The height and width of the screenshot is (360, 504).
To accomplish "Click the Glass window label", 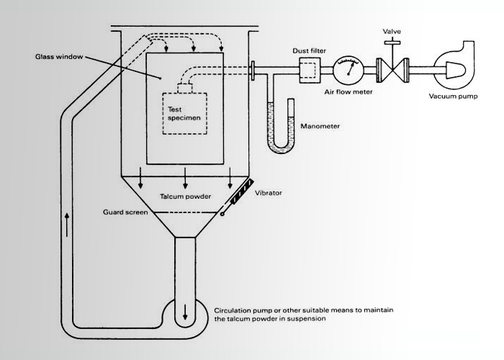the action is click(59, 57).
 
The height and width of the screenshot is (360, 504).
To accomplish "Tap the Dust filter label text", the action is click(309, 51).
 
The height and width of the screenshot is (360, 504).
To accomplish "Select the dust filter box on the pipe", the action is click(310, 71).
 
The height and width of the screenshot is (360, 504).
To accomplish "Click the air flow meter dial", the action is click(348, 71).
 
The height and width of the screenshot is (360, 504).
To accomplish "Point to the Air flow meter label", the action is click(348, 92).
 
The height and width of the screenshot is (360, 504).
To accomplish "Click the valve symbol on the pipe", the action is click(392, 71).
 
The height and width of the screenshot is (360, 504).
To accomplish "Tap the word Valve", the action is click(392, 32).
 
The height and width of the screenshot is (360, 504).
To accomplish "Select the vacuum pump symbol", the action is click(454, 66).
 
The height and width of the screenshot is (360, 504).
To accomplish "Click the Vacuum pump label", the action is click(453, 96).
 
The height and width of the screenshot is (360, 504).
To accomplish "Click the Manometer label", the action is click(320, 126).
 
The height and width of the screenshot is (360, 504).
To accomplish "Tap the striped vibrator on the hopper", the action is click(241, 192).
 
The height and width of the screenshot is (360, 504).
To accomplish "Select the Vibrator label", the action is click(269, 193).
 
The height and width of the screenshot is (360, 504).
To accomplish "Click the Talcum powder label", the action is click(186, 197).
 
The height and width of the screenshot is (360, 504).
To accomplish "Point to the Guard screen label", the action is click(125, 212).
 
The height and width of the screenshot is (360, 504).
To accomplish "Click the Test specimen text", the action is click(184, 114).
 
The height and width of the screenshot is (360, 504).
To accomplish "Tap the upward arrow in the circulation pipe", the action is click(67, 225).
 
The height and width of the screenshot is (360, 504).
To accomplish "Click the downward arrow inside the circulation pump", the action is click(185, 312).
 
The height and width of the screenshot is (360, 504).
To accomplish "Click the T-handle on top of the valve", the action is click(392, 42).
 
